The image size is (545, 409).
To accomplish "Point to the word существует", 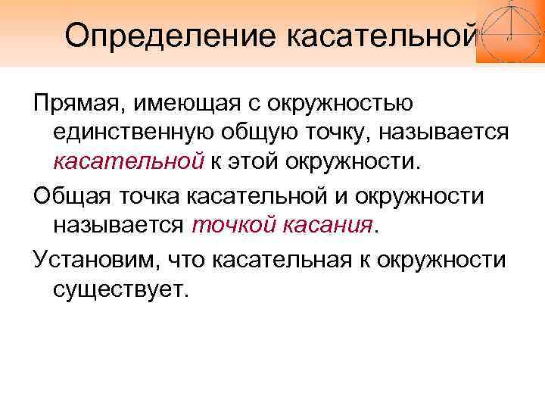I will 119,289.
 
